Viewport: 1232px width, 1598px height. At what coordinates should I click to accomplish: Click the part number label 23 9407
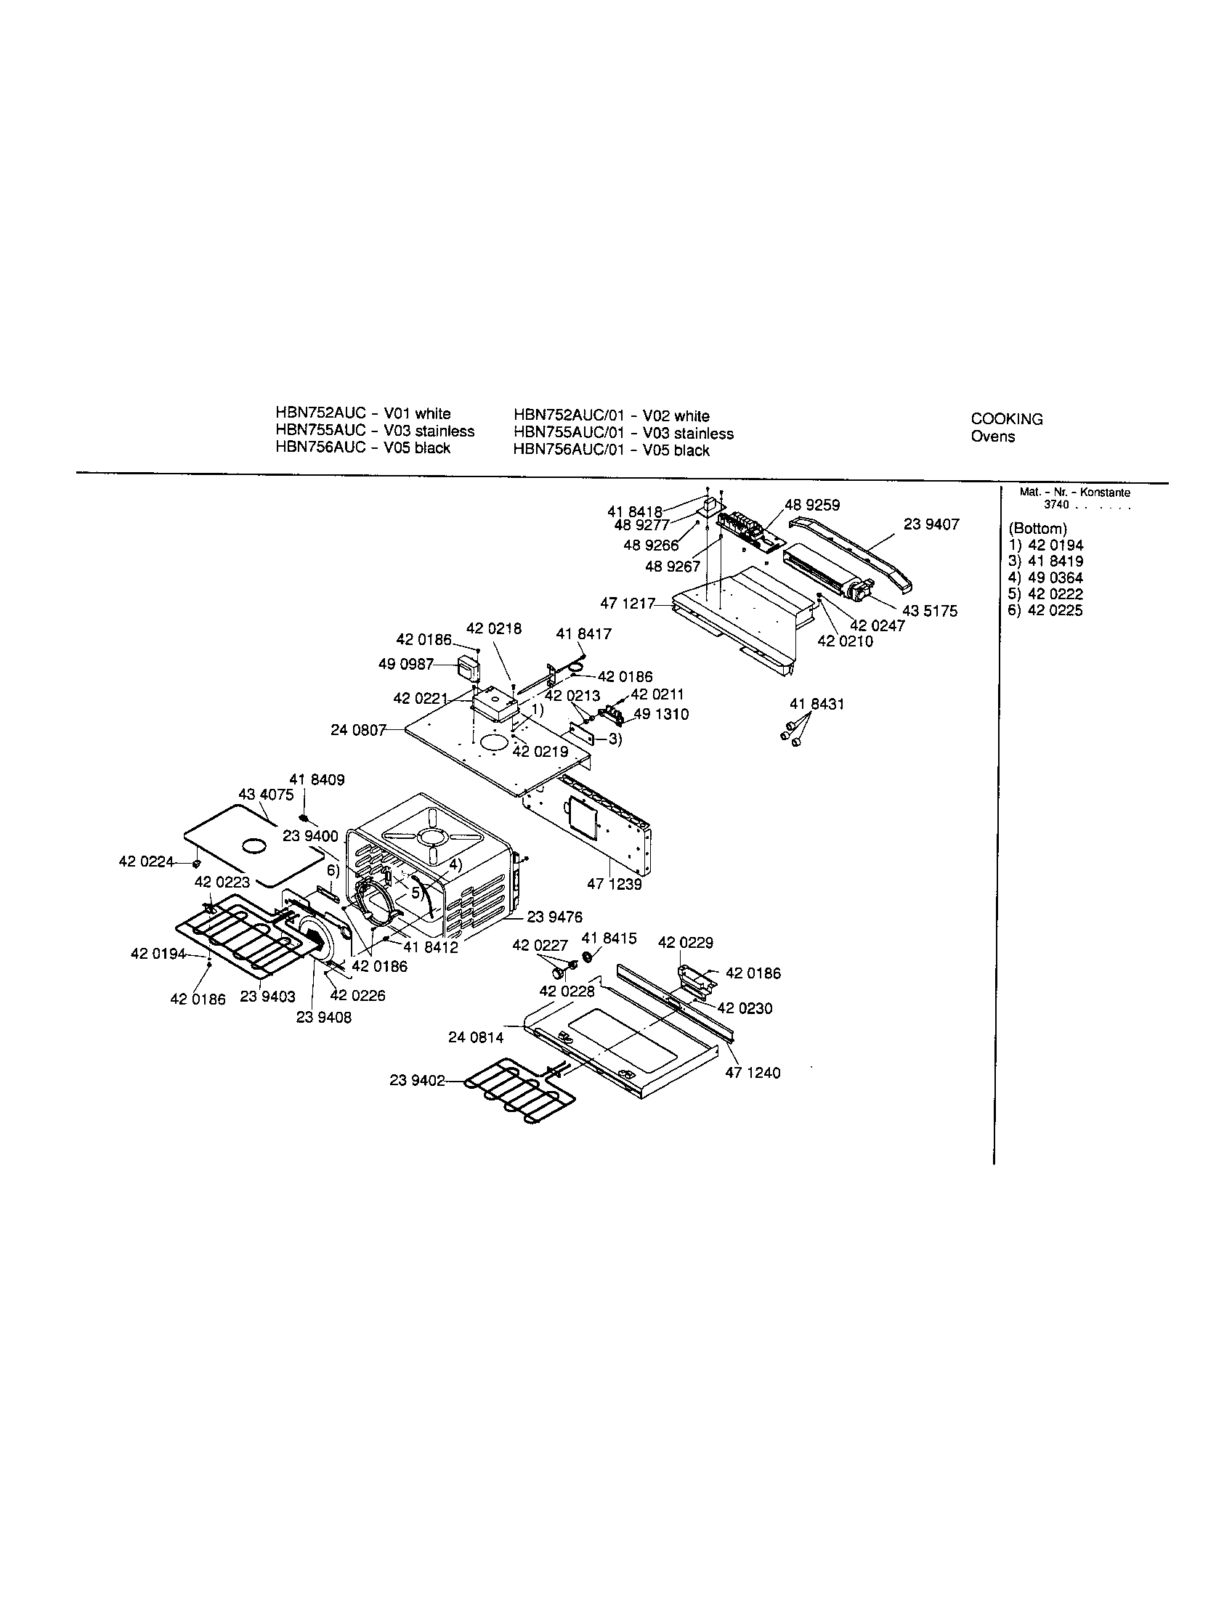[931, 524]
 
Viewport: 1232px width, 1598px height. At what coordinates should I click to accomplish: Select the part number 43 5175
[930, 611]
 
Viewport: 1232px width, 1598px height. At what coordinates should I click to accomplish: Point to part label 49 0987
[405, 664]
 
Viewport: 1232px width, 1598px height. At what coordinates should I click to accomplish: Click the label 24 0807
[357, 729]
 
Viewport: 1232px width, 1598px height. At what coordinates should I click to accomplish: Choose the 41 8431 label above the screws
[816, 704]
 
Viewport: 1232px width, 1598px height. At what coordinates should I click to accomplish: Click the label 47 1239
[614, 884]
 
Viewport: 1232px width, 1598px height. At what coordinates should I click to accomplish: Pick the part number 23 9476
[554, 916]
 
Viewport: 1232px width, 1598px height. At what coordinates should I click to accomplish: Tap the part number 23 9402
[417, 1080]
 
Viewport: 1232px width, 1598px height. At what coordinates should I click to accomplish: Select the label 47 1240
[752, 1073]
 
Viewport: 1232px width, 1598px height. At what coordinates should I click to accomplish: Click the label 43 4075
[266, 794]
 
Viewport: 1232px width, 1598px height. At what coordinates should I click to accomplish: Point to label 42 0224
[146, 861]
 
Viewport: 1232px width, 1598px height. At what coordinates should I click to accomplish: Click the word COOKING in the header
[1006, 419]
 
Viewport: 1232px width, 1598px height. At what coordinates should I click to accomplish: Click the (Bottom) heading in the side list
[1037, 528]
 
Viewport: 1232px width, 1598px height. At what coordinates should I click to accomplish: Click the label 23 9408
[323, 1017]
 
